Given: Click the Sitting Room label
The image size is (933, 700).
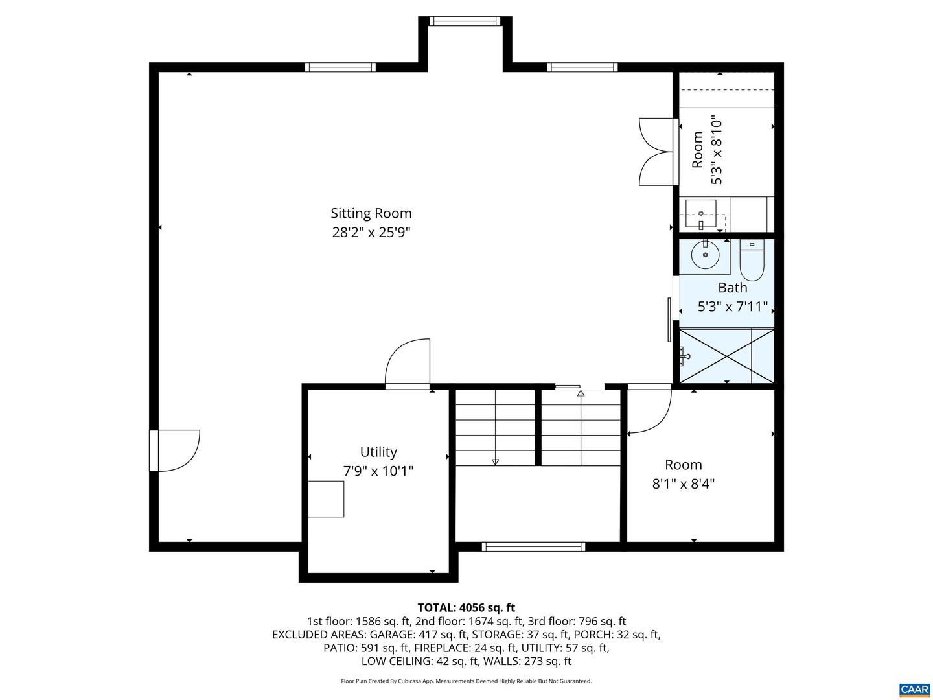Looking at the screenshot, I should (x=371, y=213).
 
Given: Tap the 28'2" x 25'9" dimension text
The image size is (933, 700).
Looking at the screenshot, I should (x=371, y=232).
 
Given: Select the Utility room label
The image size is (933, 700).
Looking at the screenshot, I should (x=378, y=452).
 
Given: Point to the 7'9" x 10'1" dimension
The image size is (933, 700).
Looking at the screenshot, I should (x=378, y=471).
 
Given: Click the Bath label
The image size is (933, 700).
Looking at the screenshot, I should (x=733, y=287).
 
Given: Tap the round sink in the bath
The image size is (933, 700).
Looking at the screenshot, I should (x=705, y=254).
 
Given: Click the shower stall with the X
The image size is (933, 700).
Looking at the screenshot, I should (x=726, y=356).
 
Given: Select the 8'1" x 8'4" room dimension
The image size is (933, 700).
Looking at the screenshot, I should (x=684, y=484).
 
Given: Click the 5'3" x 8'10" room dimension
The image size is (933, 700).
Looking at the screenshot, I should (x=716, y=151).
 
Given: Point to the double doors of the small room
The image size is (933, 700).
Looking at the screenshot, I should (x=656, y=152).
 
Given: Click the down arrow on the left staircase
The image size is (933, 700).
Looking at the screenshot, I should (x=496, y=461).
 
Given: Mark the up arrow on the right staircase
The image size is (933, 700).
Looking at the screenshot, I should (x=581, y=393).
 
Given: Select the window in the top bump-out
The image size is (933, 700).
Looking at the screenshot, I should (x=465, y=21).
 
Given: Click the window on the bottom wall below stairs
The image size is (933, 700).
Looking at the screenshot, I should (x=534, y=546).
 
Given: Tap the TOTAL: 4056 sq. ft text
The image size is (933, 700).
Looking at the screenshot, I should (x=466, y=607).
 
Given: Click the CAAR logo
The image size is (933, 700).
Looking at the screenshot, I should (x=914, y=689).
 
